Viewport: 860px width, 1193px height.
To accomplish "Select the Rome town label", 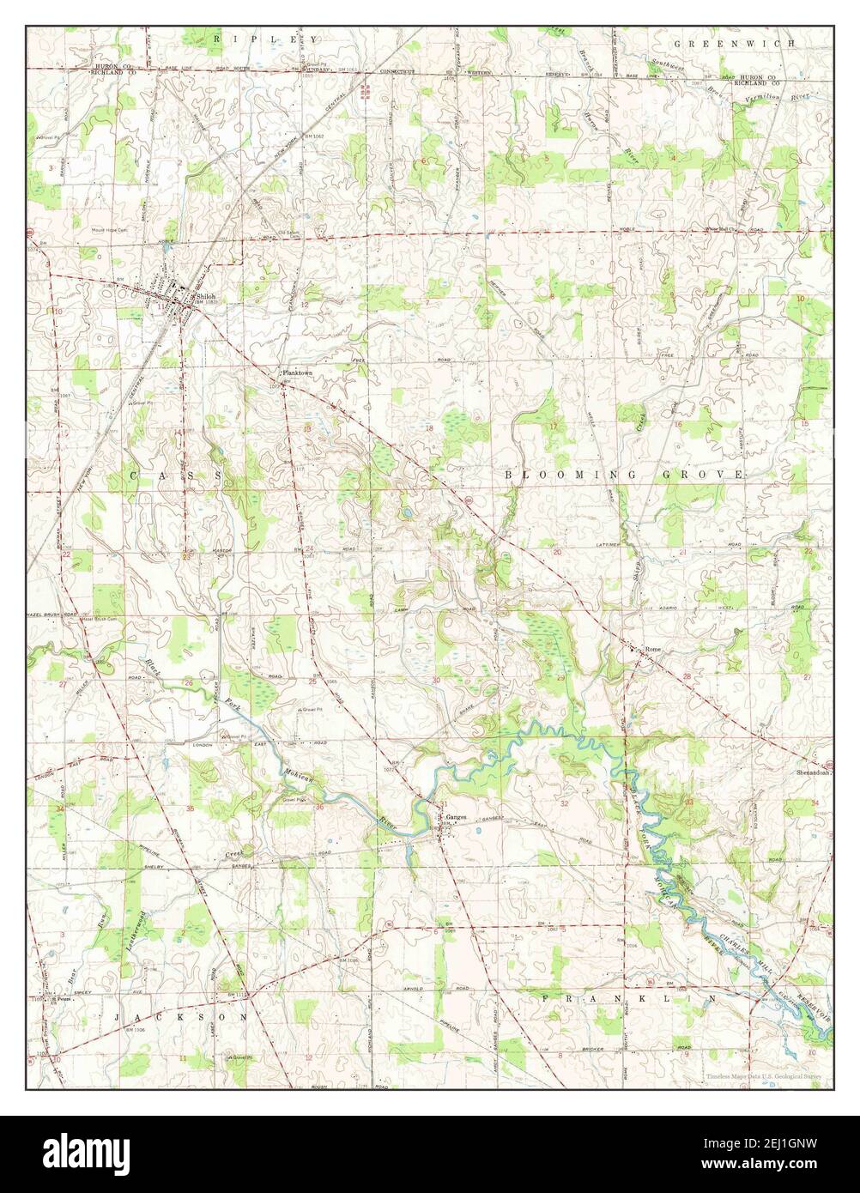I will (655, 648).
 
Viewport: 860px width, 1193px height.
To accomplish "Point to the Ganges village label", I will (456, 817).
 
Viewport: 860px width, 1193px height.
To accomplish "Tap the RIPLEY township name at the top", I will (266, 39).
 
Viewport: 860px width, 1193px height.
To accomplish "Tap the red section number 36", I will (319, 806).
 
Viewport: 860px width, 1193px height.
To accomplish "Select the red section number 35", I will (190, 808).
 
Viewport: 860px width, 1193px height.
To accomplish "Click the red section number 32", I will (564, 803).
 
